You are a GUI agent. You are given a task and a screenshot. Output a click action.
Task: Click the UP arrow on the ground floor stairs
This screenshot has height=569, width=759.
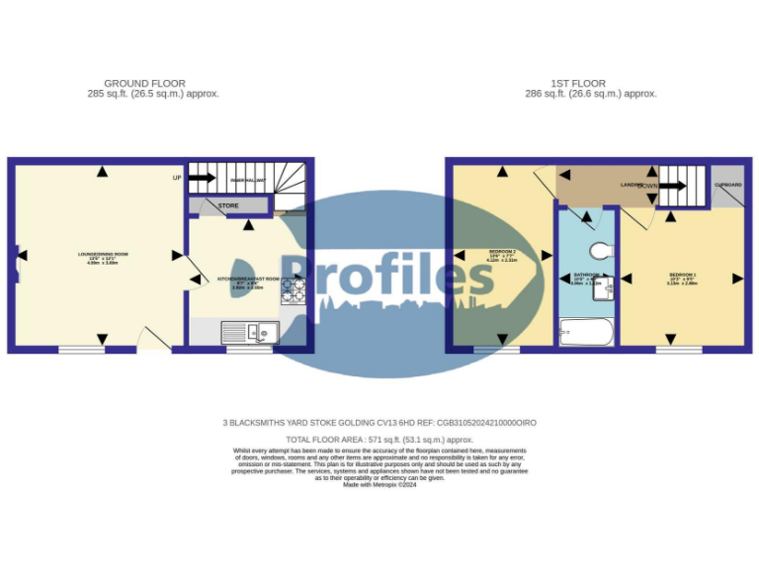point(202,178)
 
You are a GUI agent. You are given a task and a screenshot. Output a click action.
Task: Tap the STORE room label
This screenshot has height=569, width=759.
point(228,205)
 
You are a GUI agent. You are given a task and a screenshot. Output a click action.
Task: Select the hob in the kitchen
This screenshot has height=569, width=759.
point(293,289)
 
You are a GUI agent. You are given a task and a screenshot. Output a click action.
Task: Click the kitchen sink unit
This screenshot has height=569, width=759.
point(249,333)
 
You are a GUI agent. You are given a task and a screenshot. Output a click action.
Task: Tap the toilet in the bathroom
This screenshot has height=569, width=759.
point(601,249)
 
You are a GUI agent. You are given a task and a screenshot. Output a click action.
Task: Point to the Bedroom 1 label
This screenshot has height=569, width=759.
point(682,276)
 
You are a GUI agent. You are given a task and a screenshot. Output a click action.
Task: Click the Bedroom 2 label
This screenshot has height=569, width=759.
point(502,255)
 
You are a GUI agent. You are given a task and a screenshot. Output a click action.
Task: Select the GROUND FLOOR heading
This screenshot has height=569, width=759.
point(144,83)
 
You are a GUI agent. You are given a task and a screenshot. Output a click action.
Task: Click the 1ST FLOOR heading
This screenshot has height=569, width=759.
point(578,83)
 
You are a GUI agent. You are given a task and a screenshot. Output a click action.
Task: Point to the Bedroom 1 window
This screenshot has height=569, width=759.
point(679,349)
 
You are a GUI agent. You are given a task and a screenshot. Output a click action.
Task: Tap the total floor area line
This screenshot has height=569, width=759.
point(379,439)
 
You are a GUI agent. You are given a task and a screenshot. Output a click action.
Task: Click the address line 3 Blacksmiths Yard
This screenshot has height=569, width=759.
point(379,422)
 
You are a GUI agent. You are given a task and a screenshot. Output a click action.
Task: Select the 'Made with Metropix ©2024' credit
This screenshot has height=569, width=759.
point(379,484)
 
